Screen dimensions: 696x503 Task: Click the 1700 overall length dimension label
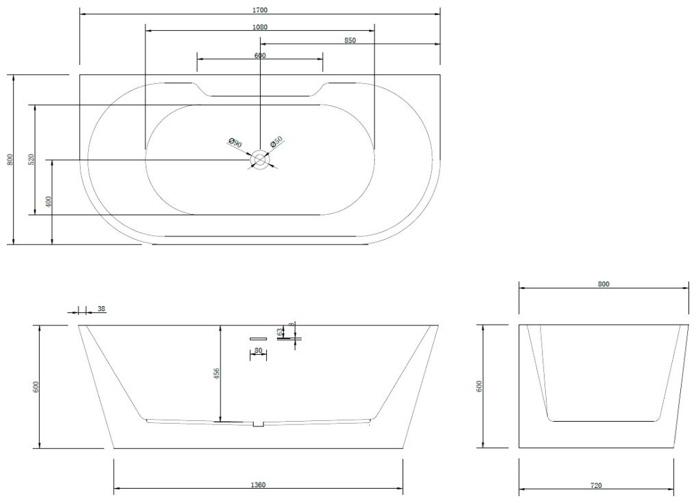click(259, 10)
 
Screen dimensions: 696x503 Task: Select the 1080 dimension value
click(259, 27)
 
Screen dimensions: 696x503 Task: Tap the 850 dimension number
click(350, 40)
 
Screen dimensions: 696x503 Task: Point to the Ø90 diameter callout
click(234, 143)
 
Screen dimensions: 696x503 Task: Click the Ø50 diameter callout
click(276, 142)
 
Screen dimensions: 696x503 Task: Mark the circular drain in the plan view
click(259, 160)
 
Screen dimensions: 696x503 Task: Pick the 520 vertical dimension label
click(30, 159)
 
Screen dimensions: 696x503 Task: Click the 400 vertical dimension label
click(48, 202)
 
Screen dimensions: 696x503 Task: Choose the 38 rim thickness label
click(102, 309)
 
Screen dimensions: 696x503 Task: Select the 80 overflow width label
click(258, 351)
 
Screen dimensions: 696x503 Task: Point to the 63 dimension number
click(280, 333)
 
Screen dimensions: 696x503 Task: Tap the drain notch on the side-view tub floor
click(258, 424)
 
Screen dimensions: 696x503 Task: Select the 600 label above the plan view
click(259, 56)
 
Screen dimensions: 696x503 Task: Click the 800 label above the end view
click(603, 284)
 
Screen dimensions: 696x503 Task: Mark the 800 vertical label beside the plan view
click(10, 159)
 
